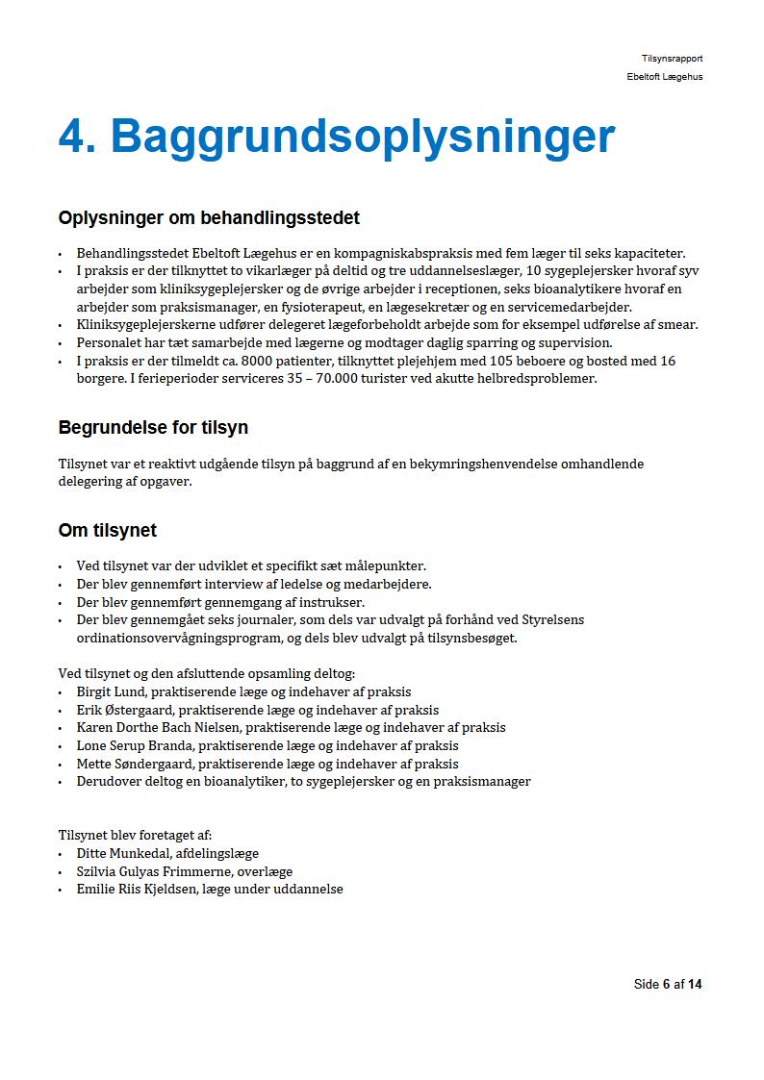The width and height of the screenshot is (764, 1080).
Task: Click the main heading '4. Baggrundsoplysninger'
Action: [336, 137]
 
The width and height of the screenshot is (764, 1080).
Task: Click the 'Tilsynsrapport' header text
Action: [672, 59]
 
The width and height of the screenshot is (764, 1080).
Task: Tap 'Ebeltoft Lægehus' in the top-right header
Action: [664, 77]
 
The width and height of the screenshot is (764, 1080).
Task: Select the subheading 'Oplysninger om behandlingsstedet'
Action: [209, 218]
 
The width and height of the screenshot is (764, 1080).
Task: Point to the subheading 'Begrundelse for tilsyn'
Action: [153, 427]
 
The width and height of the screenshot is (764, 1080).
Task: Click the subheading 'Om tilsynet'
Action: [107, 531]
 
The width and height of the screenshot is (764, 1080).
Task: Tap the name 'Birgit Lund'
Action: [111, 691]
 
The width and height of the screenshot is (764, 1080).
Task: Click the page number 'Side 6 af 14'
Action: [668, 984]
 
